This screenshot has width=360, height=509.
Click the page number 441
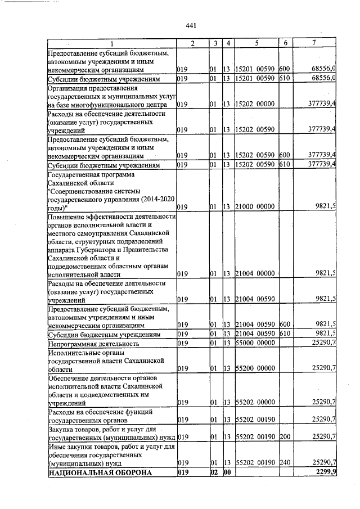[190, 26]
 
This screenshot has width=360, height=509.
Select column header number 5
[256, 44]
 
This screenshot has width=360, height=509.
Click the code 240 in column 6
[285, 462]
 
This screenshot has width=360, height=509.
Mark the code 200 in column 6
[285, 436]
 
